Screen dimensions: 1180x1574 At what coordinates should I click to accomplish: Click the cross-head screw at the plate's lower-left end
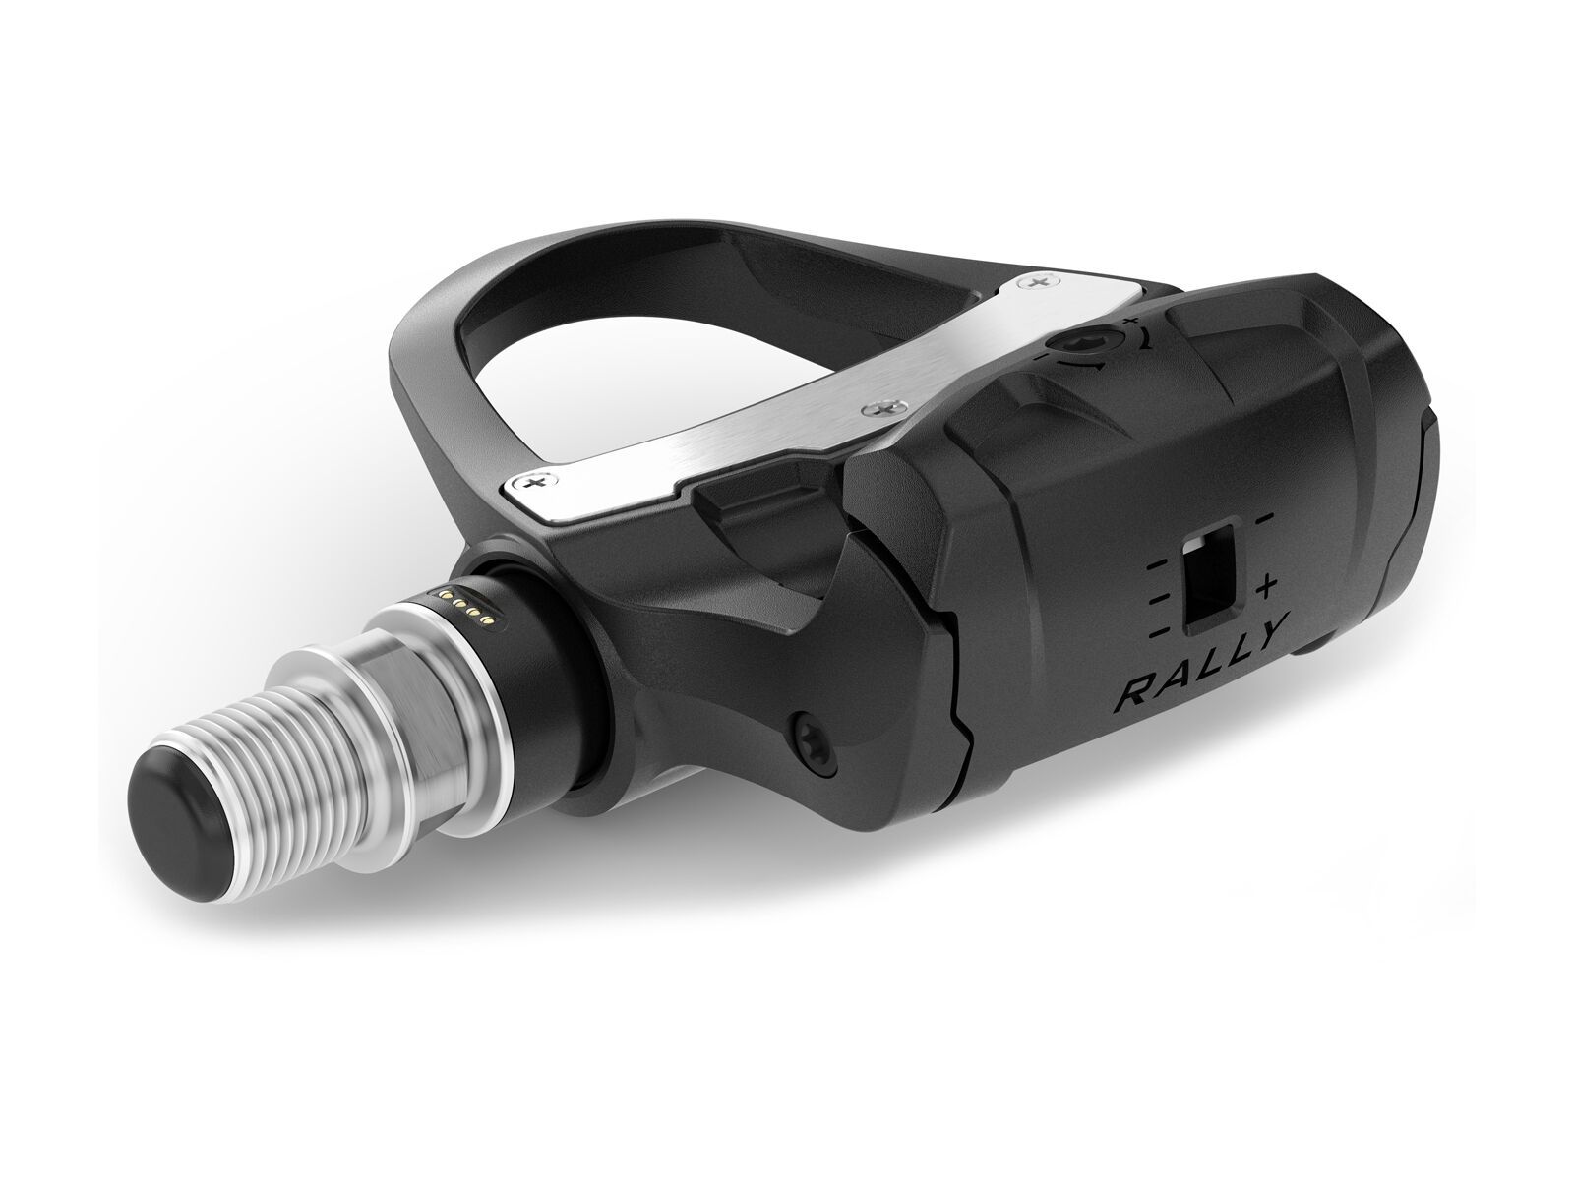(534, 483)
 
